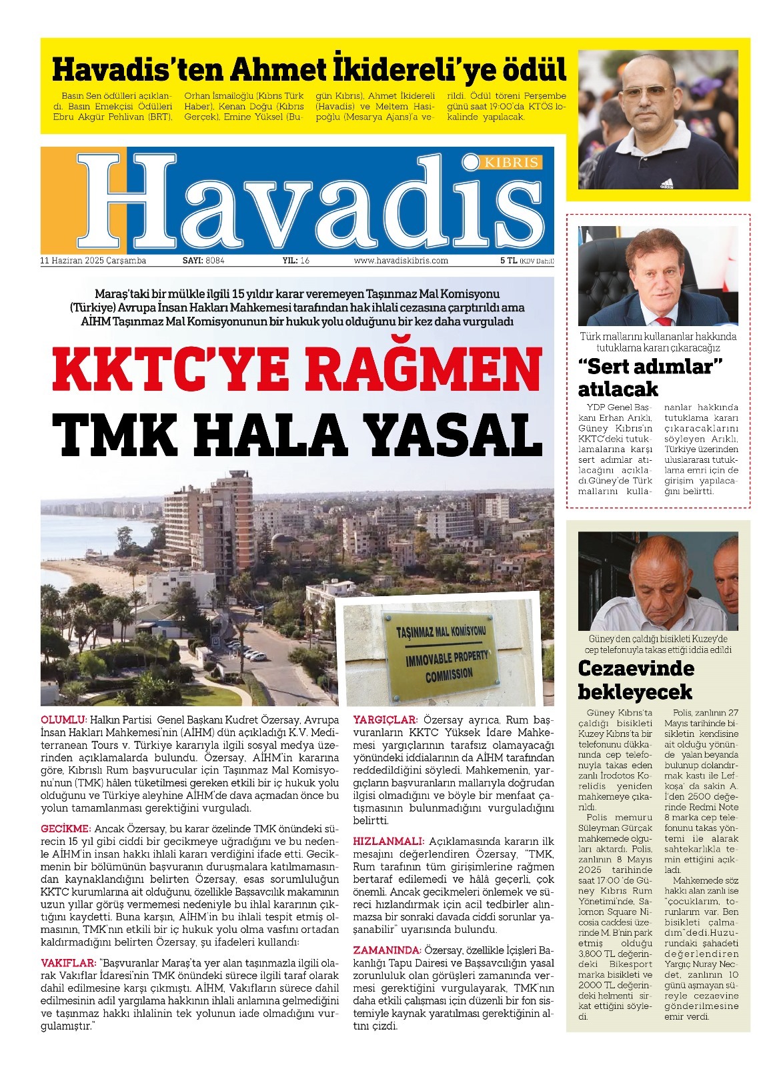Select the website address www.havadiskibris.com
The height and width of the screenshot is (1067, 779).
tap(401, 261)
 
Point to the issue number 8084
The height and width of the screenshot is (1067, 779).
tap(215, 261)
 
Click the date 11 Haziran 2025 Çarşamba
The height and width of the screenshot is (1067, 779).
tap(93, 261)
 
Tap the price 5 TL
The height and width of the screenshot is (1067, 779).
tap(508, 261)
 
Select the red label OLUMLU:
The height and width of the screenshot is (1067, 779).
tap(64, 720)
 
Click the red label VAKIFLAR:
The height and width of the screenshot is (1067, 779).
tap(69, 964)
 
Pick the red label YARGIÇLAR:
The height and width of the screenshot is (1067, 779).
tap(385, 720)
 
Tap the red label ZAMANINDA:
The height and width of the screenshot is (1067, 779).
tap(387, 950)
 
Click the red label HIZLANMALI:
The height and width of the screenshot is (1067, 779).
tap(388, 842)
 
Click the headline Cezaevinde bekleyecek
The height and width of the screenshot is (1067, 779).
tap(636, 680)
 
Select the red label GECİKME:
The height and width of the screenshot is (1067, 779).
tap(65, 829)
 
